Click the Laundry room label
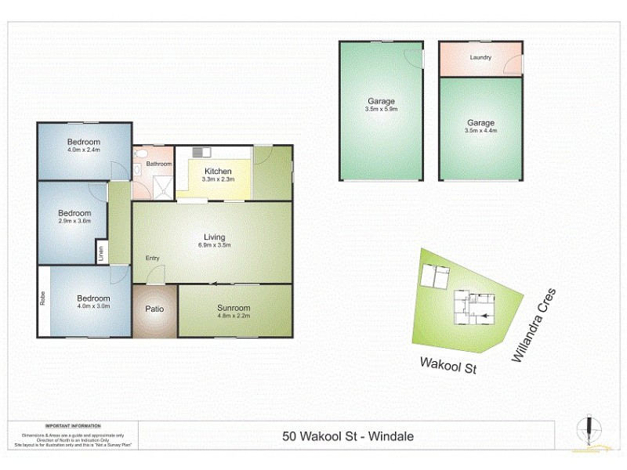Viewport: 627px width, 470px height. pos(480,58)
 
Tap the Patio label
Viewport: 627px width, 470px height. pos(154,309)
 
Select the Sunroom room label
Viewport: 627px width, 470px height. pos(234,308)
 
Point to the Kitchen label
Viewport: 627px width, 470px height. pos(218,172)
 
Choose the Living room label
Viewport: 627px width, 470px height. pos(215,237)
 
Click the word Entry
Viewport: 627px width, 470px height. pos(152,259)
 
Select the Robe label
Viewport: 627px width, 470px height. pos(42,301)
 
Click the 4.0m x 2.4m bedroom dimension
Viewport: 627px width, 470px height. pos(84,150)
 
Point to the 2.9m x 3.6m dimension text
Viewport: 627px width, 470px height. pos(75,222)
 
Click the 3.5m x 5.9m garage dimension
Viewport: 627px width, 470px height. pos(382,110)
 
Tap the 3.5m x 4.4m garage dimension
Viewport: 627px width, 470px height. pos(480,132)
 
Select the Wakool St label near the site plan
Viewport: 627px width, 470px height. pos(448,363)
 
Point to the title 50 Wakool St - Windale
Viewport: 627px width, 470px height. pos(347,437)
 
